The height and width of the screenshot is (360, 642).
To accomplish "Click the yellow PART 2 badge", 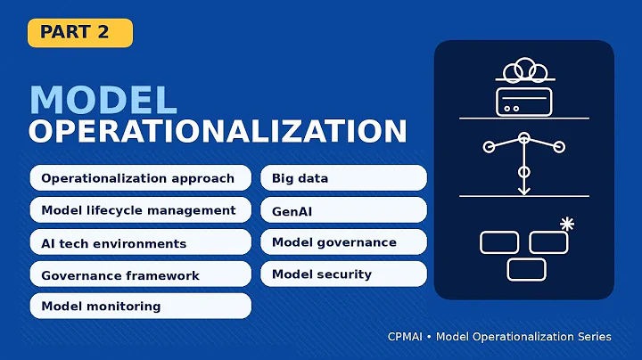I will [x=80, y=33].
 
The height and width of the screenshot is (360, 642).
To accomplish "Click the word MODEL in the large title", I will [x=103, y=100].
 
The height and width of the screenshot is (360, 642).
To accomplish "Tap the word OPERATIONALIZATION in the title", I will [x=218, y=131].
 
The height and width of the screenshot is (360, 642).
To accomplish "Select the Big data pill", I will [x=343, y=178].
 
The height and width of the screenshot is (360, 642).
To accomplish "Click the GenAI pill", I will [x=343, y=210].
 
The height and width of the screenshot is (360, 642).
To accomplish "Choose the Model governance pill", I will [x=343, y=242].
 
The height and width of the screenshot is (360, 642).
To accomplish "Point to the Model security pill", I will [x=343, y=274].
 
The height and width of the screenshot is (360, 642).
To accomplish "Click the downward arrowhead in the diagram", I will [x=524, y=189].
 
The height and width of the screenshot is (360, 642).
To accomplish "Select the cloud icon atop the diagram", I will [x=524, y=70].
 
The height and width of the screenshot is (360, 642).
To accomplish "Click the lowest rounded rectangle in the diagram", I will [x=526, y=269].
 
